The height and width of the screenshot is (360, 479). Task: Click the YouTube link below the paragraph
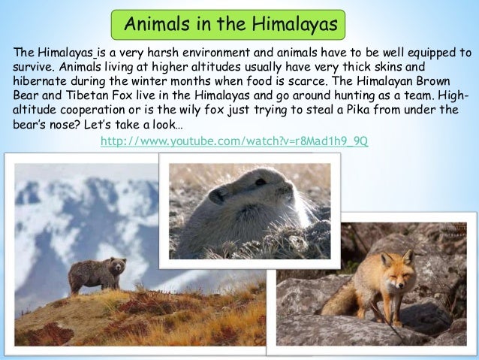coord(233,142)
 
